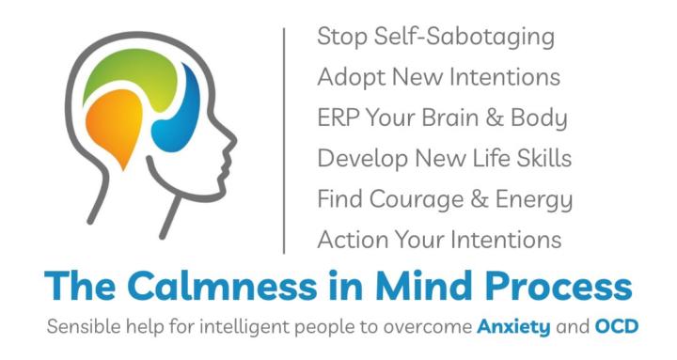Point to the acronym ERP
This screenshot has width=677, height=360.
[338, 118]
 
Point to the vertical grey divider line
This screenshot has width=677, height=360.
[286, 140]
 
